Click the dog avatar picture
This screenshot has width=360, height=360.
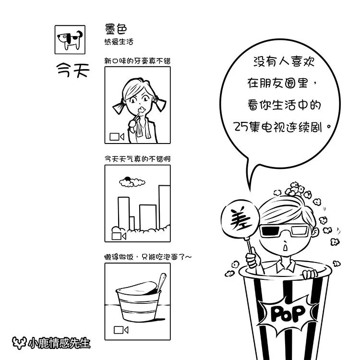pos(70,40)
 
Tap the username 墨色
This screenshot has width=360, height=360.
pos(116,29)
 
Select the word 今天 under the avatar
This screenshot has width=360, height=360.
pos(73,70)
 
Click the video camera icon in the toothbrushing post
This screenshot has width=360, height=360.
pos(117,137)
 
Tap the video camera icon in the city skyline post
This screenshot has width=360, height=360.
pos(119,236)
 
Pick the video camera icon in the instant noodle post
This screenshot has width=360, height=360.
pos(121,330)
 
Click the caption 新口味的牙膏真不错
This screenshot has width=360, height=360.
pos(138,61)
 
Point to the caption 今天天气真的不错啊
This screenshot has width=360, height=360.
pos(138,159)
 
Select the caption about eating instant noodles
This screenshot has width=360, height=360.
pos(148,257)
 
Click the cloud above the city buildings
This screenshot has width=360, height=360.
pos(132,182)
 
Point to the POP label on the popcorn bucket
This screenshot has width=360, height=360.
pos(288,313)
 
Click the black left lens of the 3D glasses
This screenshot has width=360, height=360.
pos(273,231)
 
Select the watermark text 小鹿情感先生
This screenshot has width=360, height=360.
pos(59,343)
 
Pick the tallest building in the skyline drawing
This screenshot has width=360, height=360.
pos(164,206)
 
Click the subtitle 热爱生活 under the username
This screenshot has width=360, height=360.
pos(119,42)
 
